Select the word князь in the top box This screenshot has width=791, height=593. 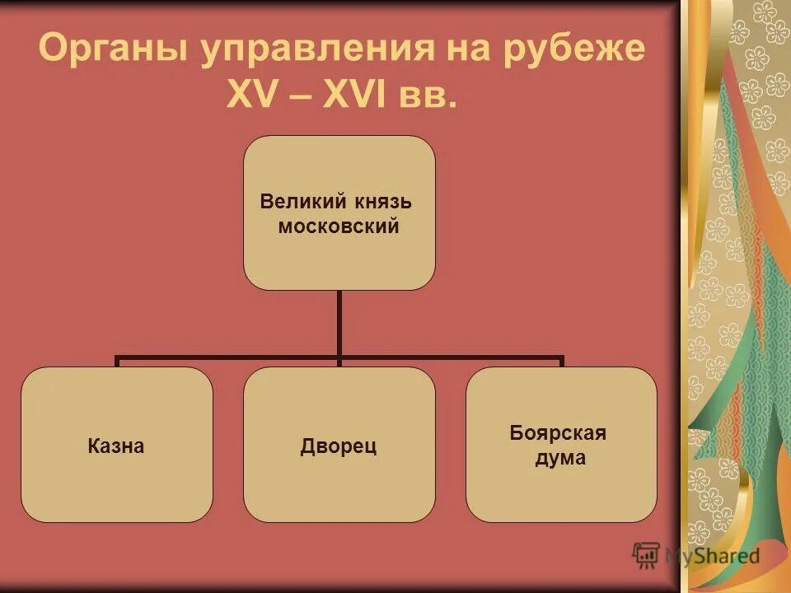coord(383,201)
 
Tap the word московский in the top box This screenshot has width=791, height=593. coord(339,226)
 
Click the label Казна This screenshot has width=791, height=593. coord(116,446)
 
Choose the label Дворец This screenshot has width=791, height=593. coord(339,446)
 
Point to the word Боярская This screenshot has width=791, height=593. coord(559,433)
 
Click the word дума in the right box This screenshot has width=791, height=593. coord(560,459)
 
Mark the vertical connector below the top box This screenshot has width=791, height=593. coord(339,324)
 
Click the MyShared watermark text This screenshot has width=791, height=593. coord(712,555)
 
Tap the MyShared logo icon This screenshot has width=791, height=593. coord(646,554)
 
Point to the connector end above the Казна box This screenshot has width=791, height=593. coord(117,362)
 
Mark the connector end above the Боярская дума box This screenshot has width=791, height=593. coord(561,362)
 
